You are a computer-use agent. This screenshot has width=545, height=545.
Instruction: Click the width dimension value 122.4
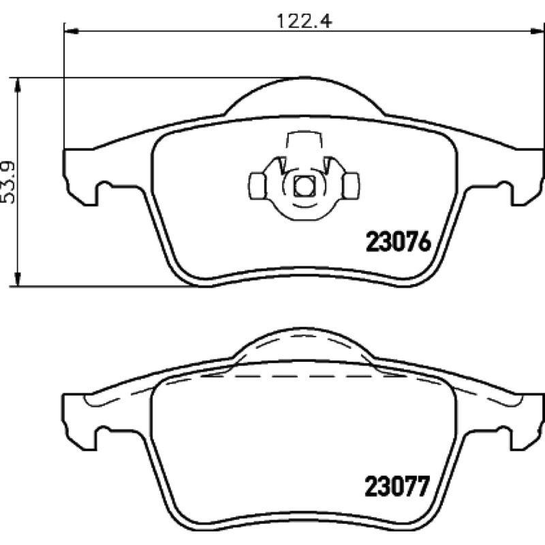pos(304,21)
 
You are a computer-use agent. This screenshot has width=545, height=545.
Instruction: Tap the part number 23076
pos(399,242)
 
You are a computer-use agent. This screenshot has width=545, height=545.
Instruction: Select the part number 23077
pos(397,486)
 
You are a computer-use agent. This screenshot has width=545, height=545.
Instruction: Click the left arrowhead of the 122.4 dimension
pos(72,31)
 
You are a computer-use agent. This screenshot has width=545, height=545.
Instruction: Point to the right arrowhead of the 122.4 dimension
pos(536,31)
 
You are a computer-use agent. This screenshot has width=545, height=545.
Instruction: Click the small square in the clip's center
pos(305,186)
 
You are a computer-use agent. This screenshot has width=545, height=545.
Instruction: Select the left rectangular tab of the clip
pos(258,186)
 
